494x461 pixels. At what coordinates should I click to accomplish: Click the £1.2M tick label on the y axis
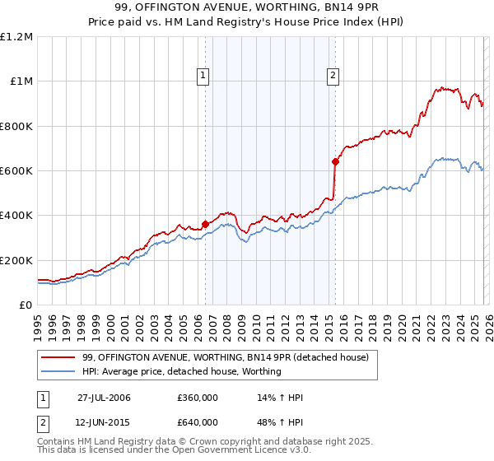pos(16,37)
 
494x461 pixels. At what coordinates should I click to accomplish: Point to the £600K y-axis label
pos(16,171)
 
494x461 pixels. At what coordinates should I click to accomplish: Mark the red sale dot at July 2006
pos(205,224)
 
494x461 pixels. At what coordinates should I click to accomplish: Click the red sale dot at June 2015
pos(334,161)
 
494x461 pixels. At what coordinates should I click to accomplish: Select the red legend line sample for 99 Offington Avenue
pos(59,357)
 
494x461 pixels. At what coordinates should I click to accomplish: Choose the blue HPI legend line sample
pos(59,371)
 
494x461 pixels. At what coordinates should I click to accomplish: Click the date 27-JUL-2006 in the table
pos(104,398)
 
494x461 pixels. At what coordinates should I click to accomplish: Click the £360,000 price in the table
pos(197,398)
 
